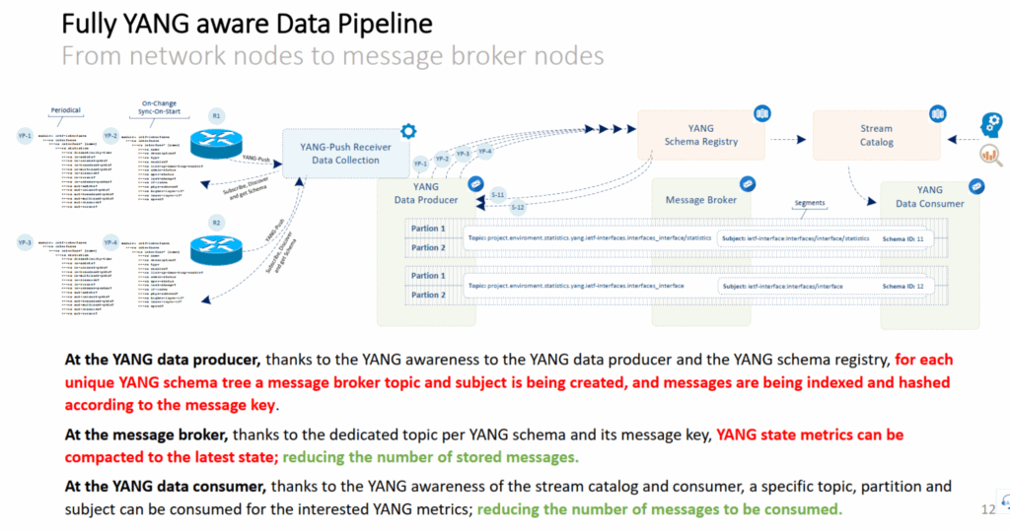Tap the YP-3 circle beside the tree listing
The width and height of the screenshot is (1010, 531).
[x=25, y=242]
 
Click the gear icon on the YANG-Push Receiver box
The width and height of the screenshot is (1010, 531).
[x=405, y=131]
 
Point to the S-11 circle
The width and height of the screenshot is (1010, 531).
[x=499, y=194]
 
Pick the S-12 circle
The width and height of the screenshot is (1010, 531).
[x=518, y=207]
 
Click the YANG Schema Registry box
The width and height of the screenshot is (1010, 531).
[x=702, y=135]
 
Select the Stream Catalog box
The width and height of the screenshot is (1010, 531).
[x=875, y=135]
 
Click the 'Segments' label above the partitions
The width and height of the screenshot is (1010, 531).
[x=810, y=203]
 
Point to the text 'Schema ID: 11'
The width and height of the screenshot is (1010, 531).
[x=903, y=238]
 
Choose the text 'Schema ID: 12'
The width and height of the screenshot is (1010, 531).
[x=903, y=286]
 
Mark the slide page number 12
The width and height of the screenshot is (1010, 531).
[x=988, y=509]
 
